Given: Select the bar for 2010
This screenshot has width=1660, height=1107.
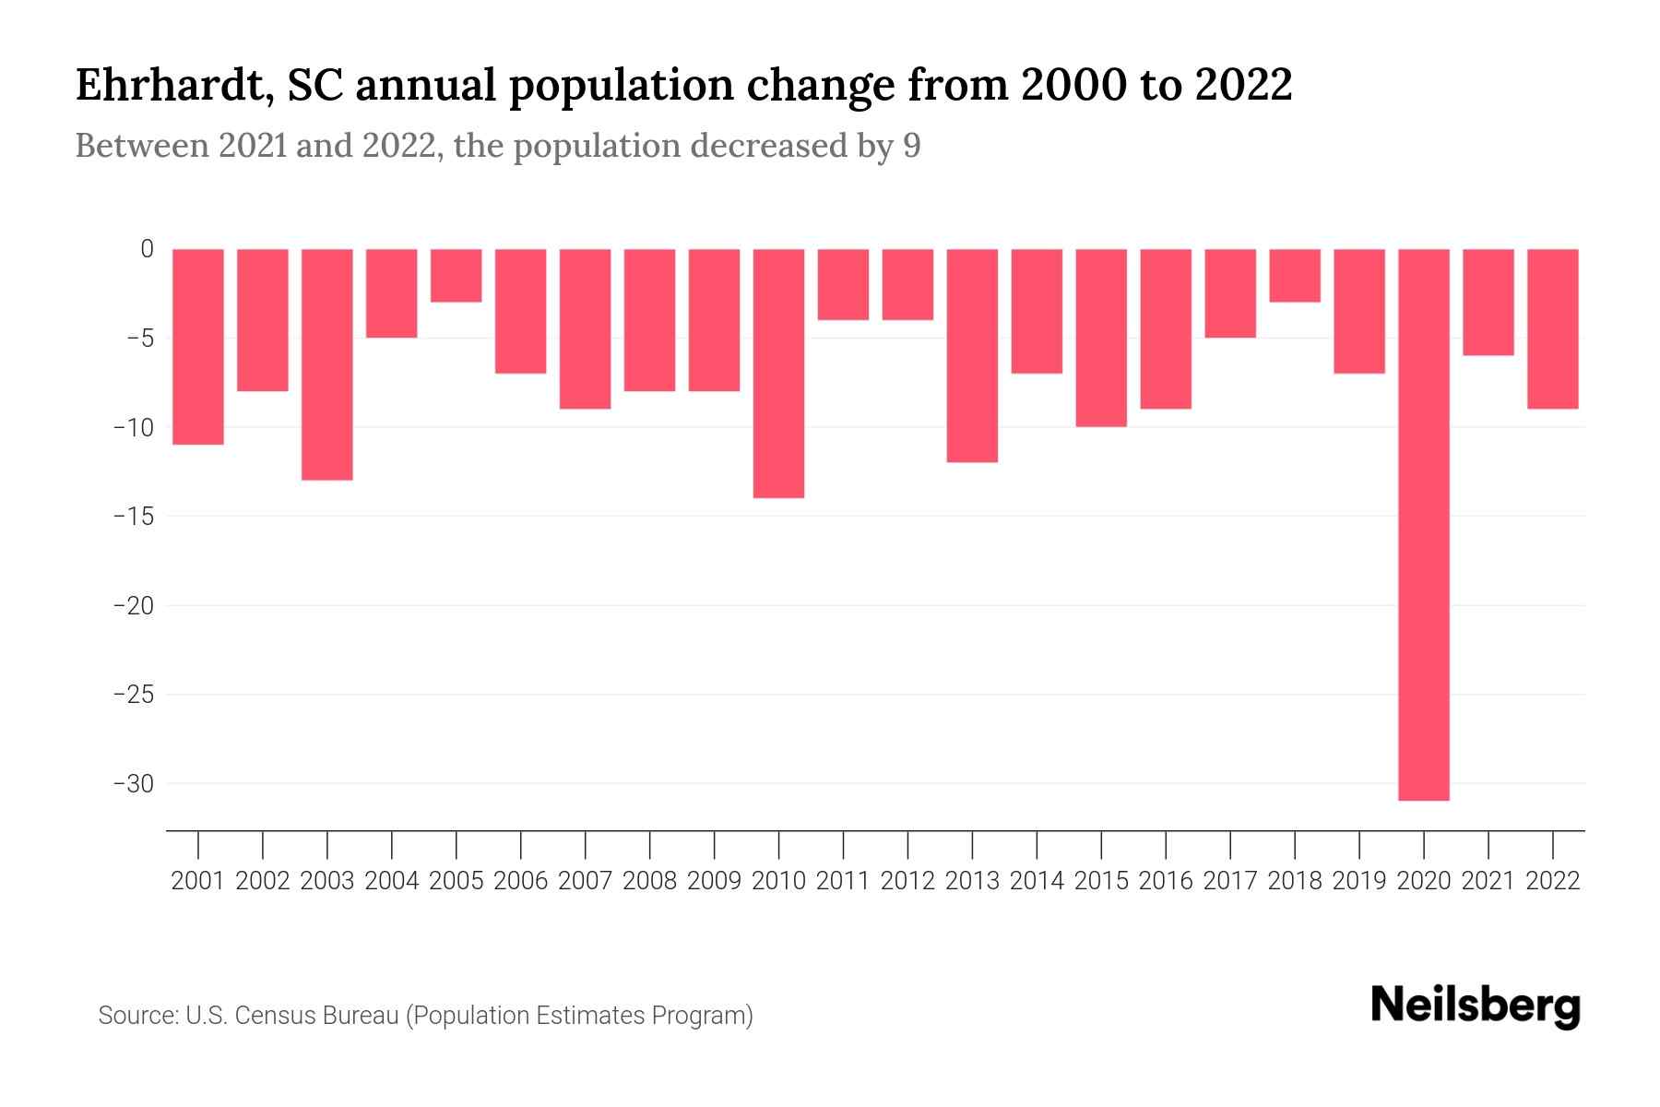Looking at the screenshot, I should pyautogui.click(x=778, y=373).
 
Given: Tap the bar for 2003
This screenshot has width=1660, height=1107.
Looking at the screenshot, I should pyautogui.click(x=327, y=364).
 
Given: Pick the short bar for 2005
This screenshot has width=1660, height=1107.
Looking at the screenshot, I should pyautogui.click(x=456, y=275).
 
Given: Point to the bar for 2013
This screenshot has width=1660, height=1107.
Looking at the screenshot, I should pyautogui.click(x=972, y=355).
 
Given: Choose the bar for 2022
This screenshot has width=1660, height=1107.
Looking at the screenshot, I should pyautogui.click(x=1552, y=328).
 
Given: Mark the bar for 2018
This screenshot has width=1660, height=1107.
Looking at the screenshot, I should pyautogui.click(x=1295, y=275).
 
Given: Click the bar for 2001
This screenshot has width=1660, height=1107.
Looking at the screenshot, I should pyautogui.click(x=198, y=346).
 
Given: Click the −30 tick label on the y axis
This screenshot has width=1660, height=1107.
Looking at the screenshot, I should pyautogui.click(x=134, y=784).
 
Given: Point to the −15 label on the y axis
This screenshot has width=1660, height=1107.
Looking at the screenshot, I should pyautogui.click(x=134, y=516).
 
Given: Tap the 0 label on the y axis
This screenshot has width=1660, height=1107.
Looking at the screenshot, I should pyautogui.click(x=147, y=249).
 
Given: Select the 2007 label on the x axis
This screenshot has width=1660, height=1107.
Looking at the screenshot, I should pyautogui.click(x=585, y=881).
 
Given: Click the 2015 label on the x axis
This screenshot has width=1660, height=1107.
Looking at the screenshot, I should pyautogui.click(x=1101, y=881).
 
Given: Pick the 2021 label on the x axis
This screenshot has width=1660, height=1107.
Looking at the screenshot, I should pyautogui.click(x=1488, y=881).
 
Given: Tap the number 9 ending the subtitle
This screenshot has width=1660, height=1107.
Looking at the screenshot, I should pyautogui.click(x=911, y=147).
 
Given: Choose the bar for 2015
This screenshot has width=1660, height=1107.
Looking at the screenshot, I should pyautogui.click(x=1101, y=338).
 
